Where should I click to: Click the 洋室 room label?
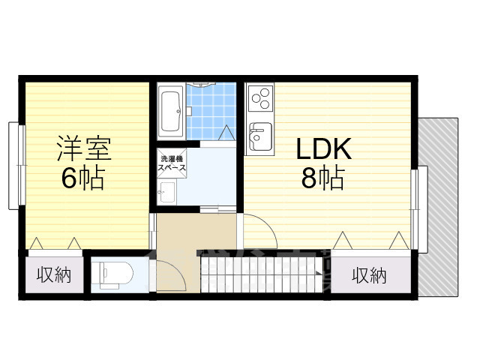[x=84, y=149]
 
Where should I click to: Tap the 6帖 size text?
[x=83, y=178]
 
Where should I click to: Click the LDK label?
[x=323, y=149]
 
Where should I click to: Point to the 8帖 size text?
[x=323, y=178]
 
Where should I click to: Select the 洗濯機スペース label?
[x=172, y=163]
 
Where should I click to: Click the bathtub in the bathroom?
[x=171, y=112]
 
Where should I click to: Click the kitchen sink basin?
[x=260, y=136]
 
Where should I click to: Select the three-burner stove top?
[x=260, y=98]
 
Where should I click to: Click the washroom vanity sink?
[x=166, y=192]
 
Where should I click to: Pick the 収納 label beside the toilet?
[x=54, y=274]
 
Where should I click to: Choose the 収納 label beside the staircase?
[x=369, y=275]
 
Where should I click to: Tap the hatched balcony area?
[x=438, y=207]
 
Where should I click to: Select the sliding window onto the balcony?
[x=418, y=209]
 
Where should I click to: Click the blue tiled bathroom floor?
[x=211, y=112]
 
